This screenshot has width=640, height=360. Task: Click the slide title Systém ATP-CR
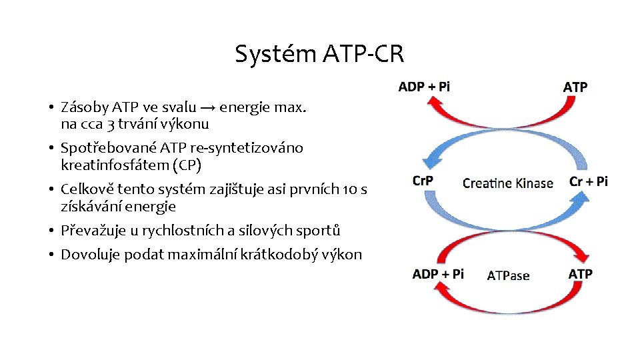coord(319,54)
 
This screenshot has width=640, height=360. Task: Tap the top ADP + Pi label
coord(424,87)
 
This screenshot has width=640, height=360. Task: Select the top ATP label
coord(575,87)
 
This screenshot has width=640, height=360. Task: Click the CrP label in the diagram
coord(423,181)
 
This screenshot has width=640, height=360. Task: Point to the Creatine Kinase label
coord(508,183)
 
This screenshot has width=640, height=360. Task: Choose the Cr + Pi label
coord(589,181)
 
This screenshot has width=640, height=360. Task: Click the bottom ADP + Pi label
coord(438,274)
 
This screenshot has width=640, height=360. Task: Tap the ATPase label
coord(508,275)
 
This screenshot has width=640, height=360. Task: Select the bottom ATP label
coord(580,274)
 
